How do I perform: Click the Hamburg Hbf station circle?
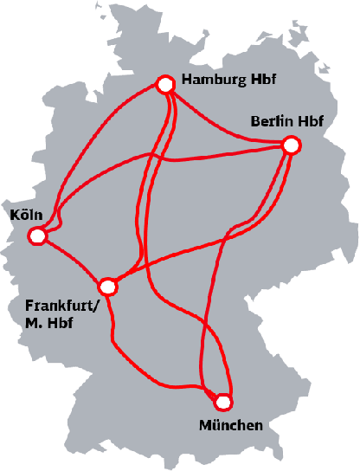click(x=165, y=84)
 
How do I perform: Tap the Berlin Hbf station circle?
click(x=291, y=146)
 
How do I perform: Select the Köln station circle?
click(x=36, y=235)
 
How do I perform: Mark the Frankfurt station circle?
click(x=107, y=286)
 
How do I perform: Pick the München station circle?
click(x=223, y=402)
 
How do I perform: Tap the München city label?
click(x=230, y=425)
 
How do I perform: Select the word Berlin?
click(x=271, y=122)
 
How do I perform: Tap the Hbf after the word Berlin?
click(x=310, y=122)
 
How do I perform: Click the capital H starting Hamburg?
click(x=188, y=83)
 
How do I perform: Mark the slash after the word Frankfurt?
click(x=97, y=306)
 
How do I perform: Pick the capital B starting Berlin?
click(x=255, y=122)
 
